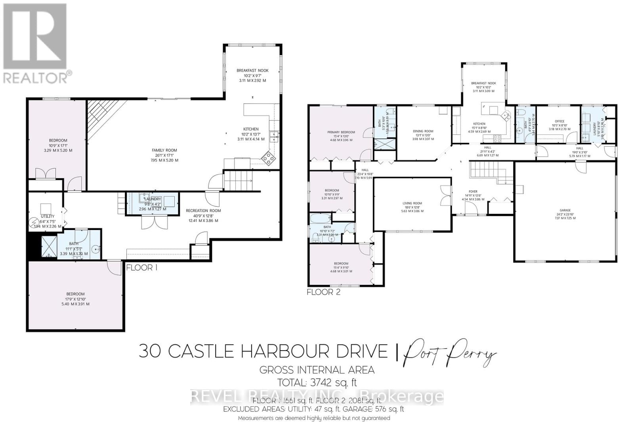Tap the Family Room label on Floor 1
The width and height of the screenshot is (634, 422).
(164, 150)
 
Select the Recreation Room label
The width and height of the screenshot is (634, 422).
(203, 211)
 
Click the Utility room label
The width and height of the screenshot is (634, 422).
(48, 216)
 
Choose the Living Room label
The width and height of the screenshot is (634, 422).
(412, 203)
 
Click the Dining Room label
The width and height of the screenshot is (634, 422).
(423, 131)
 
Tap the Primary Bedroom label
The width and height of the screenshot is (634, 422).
(341, 132)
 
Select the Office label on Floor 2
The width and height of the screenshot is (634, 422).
(560, 121)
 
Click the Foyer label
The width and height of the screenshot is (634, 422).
(473, 192)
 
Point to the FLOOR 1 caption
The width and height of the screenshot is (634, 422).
(142, 268)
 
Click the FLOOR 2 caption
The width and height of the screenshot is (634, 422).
(324, 292)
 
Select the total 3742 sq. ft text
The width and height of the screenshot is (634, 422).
(317, 383)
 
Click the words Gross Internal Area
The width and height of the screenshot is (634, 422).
(317, 370)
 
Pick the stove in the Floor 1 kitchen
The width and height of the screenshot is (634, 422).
(268, 158)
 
